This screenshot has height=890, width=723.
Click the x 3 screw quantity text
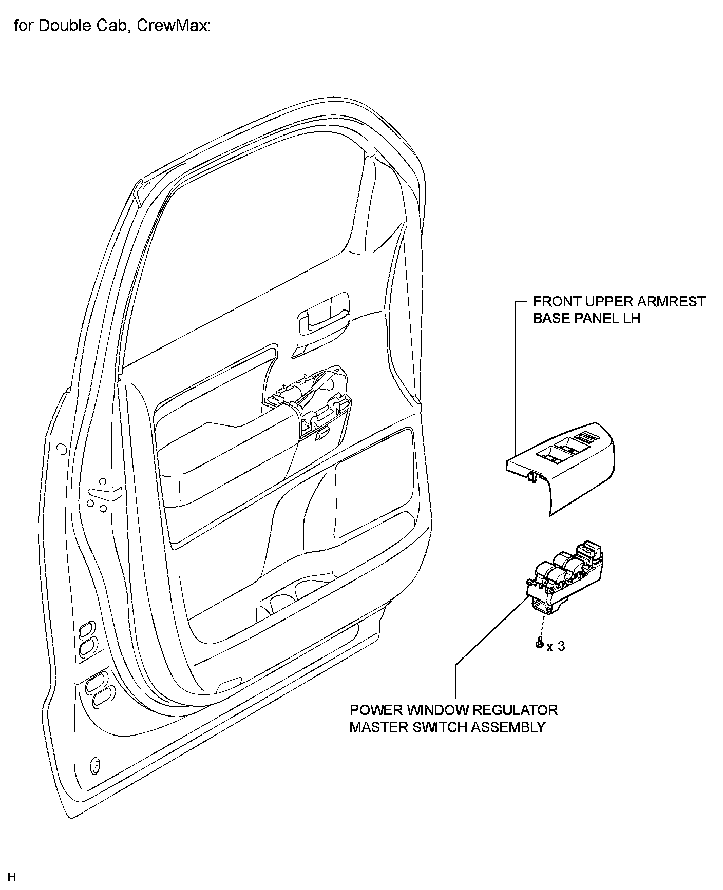[x=556, y=646]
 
